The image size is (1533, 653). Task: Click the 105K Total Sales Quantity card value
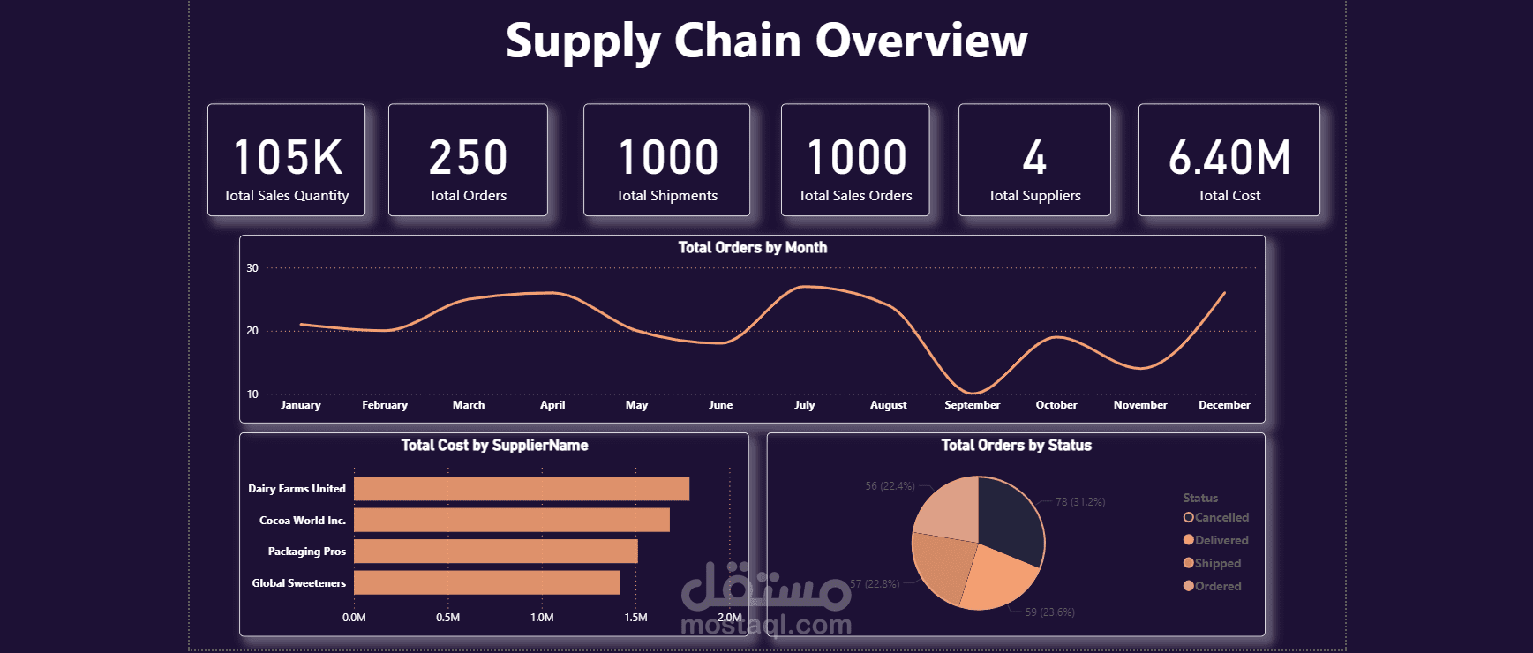coord(287,158)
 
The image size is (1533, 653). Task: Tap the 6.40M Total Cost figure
coord(1229,158)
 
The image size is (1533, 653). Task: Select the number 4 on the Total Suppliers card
coord(1034,158)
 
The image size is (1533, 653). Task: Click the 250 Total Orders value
coord(468,158)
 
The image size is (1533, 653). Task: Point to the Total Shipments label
coord(666,196)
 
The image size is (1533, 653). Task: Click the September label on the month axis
coord(972,405)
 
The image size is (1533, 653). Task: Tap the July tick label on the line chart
coord(804,405)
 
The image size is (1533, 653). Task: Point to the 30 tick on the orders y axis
coord(252,268)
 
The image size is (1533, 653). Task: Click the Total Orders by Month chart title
coord(752,248)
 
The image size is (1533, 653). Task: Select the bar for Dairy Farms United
coord(521,489)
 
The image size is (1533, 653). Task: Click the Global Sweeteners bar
coord(486,582)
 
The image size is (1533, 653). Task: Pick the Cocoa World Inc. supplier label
coord(302,521)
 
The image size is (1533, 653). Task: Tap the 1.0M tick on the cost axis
coord(542,618)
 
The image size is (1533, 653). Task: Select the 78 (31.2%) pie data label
coord(1080,502)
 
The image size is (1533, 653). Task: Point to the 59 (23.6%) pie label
coord(1049,612)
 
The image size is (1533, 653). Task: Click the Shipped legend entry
coord(1217,564)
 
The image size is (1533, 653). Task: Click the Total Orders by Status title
coord(1016,446)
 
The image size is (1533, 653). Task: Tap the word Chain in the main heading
coord(737,41)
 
